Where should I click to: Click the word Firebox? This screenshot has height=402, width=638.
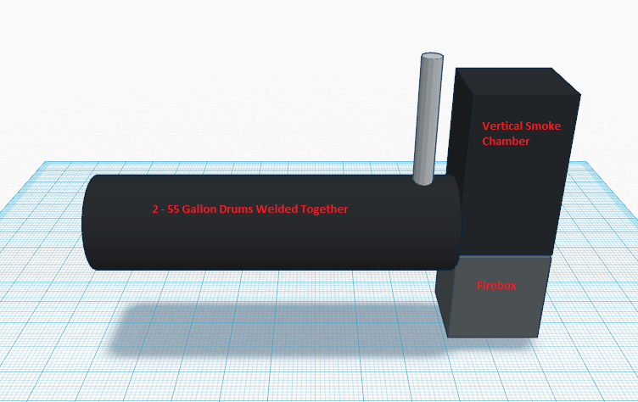tap(496, 286)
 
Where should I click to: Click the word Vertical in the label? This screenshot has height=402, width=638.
tap(500, 126)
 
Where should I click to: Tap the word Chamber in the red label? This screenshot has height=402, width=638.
tap(506, 142)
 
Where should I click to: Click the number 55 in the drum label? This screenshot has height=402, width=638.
tap(171, 209)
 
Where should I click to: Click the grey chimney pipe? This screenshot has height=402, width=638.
tap(426, 119)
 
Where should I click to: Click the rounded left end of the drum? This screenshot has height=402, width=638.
tap(88, 222)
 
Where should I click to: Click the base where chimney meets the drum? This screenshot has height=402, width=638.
tap(422, 179)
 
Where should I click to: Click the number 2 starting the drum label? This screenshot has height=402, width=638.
tap(155, 209)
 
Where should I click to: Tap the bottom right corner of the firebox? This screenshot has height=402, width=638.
tap(540, 334)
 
